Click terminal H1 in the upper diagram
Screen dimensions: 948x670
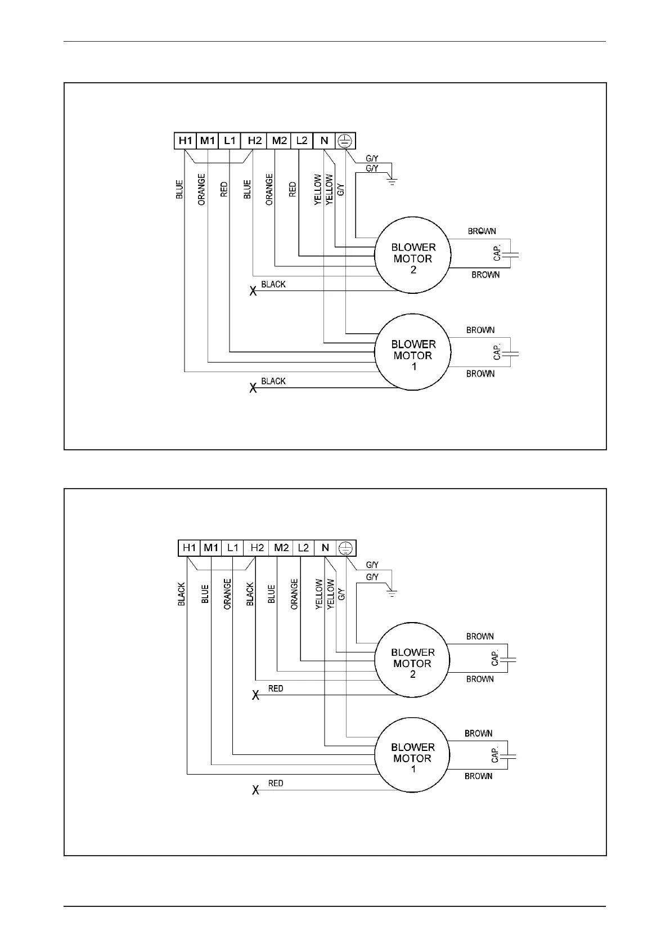click(x=185, y=141)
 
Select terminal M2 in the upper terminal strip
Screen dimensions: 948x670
click(x=279, y=141)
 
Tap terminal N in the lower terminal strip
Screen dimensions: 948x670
click(x=325, y=548)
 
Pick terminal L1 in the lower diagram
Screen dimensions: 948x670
click(x=233, y=548)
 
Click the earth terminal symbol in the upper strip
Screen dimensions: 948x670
click(x=345, y=141)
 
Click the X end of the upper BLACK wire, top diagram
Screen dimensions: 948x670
click(x=253, y=291)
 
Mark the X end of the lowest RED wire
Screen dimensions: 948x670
click(x=255, y=790)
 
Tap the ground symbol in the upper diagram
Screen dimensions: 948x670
click(x=392, y=181)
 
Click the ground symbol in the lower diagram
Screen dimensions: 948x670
click(x=392, y=592)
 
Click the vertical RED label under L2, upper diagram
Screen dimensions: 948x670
click(x=293, y=189)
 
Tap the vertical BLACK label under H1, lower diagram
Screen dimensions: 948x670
click(x=182, y=594)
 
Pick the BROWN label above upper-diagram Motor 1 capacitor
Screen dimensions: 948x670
click(x=480, y=330)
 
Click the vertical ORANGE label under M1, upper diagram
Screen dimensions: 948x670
click(x=201, y=189)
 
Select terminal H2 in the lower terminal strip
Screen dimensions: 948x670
click(x=257, y=548)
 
